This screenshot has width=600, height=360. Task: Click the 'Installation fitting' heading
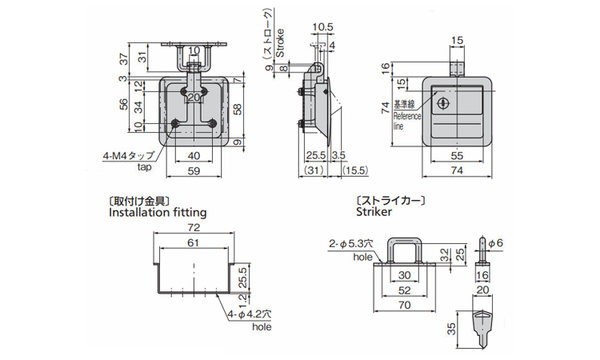point(157,213)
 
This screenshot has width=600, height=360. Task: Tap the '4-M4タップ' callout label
point(128,156)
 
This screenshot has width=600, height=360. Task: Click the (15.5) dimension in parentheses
point(353,170)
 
